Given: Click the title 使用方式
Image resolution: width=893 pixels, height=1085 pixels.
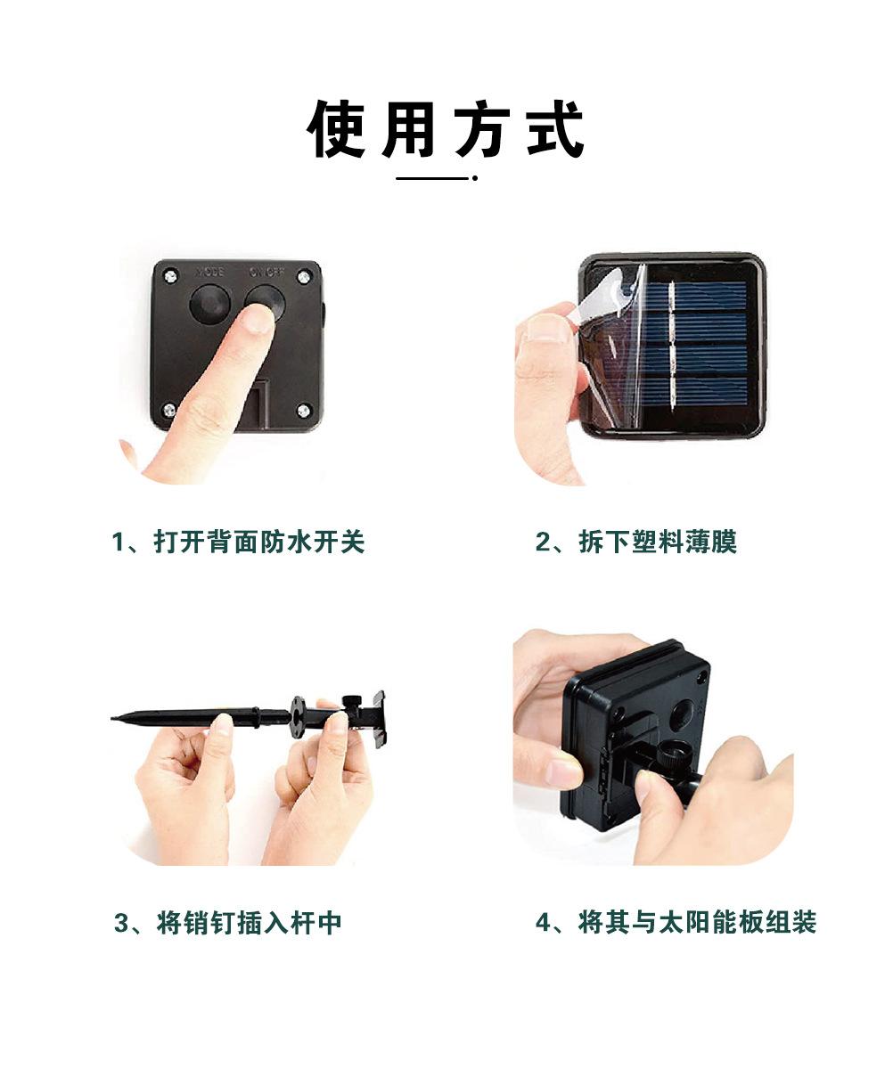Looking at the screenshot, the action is [x=446, y=128].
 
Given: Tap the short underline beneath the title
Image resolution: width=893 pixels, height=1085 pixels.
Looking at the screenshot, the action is [x=437, y=178].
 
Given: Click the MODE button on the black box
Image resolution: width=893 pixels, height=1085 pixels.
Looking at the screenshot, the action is [x=209, y=303].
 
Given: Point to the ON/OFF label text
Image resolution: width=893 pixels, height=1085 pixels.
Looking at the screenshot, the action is [x=266, y=272].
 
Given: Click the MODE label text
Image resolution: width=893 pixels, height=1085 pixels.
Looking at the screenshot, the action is [x=209, y=272].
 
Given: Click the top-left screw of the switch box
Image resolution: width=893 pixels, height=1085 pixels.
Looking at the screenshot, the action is [x=171, y=276].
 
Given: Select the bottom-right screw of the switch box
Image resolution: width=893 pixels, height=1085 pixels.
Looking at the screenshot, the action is [x=304, y=411].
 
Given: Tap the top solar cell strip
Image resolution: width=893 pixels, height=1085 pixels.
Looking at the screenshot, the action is [x=696, y=296].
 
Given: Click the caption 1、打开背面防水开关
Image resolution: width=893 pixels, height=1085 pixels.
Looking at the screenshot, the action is [x=238, y=542].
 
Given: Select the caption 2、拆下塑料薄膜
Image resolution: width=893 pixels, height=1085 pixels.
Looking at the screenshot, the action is [x=636, y=542].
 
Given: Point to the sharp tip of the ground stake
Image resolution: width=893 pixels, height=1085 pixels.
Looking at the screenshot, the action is [x=111, y=717].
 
